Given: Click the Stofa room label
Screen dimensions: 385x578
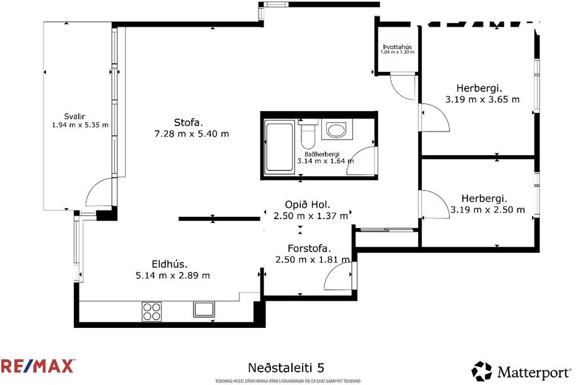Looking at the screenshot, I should [x=188, y=122].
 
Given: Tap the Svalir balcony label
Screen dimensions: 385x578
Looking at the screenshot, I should [x=74, y=116].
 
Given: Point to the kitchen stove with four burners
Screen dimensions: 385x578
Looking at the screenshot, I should [x=152, y=310].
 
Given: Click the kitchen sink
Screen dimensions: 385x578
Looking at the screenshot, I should [x=204, y=309].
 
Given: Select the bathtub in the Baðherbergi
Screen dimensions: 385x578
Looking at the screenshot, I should [x=279, y=148].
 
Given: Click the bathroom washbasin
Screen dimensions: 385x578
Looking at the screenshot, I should [x=337, y=130].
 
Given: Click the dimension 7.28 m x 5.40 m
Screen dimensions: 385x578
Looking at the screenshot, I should [x=191, y=134].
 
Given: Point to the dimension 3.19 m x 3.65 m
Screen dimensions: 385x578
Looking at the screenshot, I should [x=482, y=99].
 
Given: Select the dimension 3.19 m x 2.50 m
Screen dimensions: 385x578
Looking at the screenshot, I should [x=487, y=210].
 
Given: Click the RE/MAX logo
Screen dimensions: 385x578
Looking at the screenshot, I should [x=38, y=366].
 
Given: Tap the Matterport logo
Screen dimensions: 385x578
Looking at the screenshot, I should [x=521, y=371].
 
